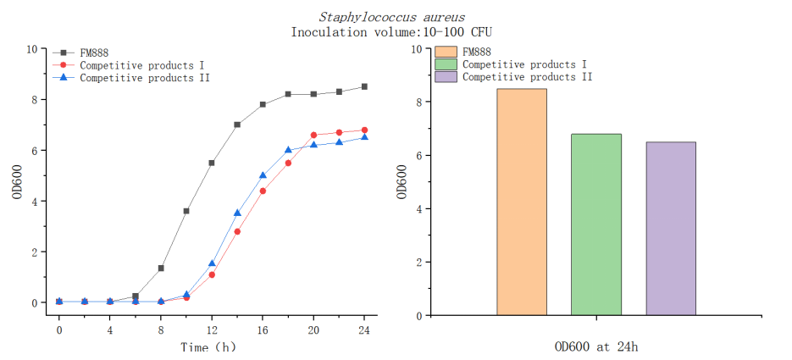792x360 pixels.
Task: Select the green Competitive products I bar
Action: (595, 224)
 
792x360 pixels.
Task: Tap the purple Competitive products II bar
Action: (670, 229)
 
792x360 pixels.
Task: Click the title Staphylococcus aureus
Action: (391, 17)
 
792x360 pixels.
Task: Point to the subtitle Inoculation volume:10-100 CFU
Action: (391, 32)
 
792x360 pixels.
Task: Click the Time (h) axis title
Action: (208, 346)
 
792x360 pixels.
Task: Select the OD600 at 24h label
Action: (595, 346)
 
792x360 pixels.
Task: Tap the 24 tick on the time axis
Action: (364, 328)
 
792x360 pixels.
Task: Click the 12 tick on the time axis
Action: (212, 328)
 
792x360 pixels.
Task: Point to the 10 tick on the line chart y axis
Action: (31, 49)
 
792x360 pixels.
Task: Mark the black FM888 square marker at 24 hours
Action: (364, 86)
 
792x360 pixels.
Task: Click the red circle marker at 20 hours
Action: (313, 135)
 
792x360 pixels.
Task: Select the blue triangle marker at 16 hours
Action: (263, 175)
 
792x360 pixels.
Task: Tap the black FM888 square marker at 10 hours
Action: (186, 211)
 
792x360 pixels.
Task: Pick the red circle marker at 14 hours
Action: (237, 231)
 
